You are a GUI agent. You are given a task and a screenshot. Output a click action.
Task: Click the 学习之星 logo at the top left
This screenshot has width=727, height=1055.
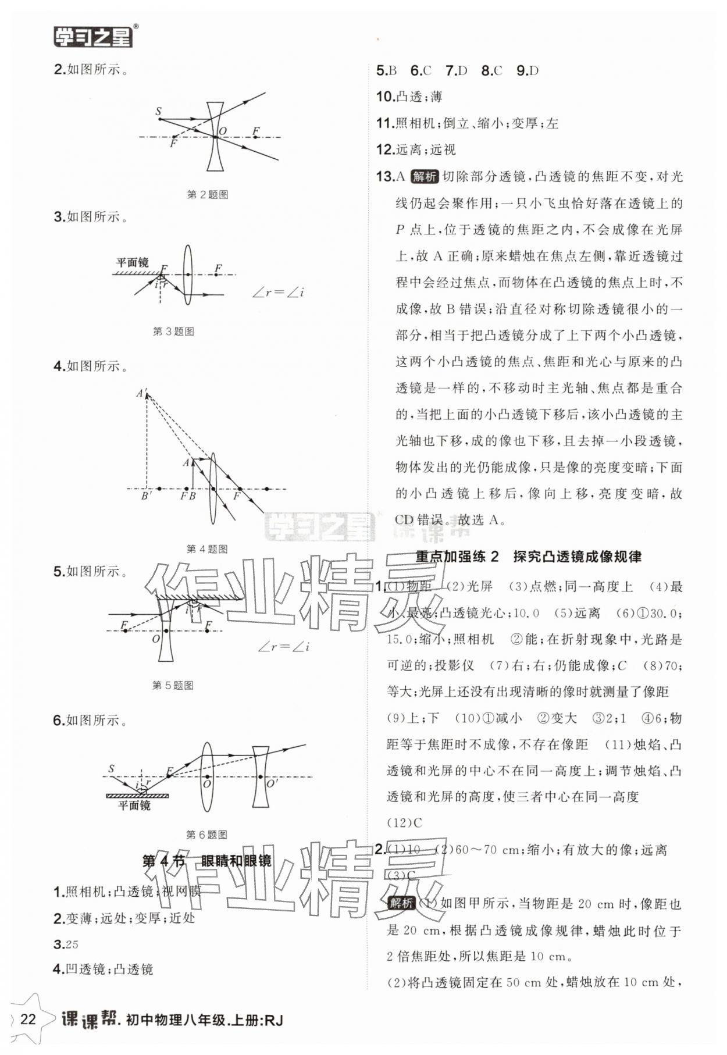click(x=93, y=37)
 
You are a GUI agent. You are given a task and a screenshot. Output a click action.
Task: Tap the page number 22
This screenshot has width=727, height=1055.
click(x=28, y=1020)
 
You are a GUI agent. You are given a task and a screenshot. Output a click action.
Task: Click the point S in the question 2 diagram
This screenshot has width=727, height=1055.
click(x=158, y=111)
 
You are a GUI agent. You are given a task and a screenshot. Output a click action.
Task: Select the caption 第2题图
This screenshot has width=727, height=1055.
click(x=207, y=195)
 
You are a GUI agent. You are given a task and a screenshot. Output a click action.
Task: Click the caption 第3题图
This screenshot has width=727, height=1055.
click(x=173, y=332)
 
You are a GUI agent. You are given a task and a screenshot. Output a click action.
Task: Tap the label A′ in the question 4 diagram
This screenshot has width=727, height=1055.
click(x=141, y=394)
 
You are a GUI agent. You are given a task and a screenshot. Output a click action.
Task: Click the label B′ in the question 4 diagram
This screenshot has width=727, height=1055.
click(x=147, y=497)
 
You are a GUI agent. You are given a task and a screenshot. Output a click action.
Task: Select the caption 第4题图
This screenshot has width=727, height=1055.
click(x=206, y=549)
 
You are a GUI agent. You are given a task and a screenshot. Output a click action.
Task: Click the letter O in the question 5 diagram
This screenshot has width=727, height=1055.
click(x=156, y=639)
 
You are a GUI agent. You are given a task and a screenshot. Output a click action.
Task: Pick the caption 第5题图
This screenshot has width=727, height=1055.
click(x=173, y=686)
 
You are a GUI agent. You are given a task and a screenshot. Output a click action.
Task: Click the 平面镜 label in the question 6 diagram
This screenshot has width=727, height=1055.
click(x=134, y=805)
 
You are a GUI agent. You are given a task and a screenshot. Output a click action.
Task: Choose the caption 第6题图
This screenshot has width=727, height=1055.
click(x=206, y=835)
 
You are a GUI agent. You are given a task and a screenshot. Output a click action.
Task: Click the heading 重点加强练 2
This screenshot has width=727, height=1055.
click(x=457, y=557)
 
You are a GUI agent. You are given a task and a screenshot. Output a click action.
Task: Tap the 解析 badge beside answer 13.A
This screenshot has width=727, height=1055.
click(x=424, y=177)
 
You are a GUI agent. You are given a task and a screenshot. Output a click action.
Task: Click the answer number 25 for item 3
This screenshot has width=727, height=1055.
click(x=72, y=944)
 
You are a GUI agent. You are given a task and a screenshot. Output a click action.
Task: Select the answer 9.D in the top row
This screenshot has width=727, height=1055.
click(x=528, y=71)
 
